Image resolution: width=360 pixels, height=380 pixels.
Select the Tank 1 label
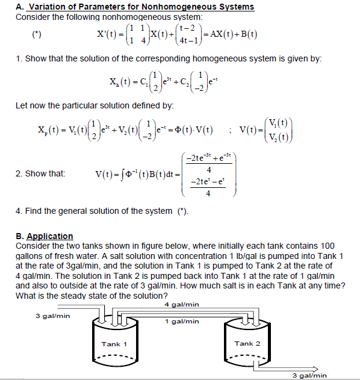coord(114,344)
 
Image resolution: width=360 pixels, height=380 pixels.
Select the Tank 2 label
coord(247,343)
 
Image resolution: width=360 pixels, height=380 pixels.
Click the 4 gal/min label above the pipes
coord(181,305)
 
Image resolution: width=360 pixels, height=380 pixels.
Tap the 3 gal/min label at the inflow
coord(52,315)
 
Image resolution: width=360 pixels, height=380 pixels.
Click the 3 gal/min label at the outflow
coord(309,375)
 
